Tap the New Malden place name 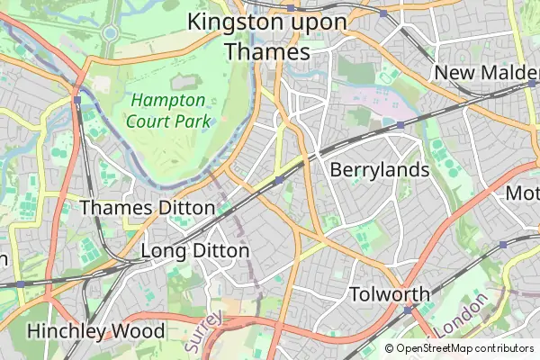[x=486, y=72]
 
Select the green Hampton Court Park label [x=168, y=110]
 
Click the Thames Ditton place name [x=148, y=208]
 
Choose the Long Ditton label [x=194, y=250]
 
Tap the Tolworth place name [x=389, y=293]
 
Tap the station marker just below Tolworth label [x=407, y=310]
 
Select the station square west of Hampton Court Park [x=78, y=99]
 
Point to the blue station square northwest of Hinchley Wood [x=20, y=283]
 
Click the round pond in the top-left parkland [x=110, y=33]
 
